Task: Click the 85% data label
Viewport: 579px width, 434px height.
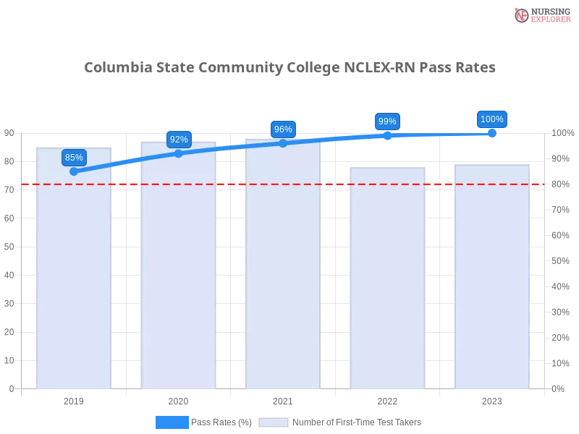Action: [74, 157]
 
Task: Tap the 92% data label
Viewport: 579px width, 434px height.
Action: [179, 140]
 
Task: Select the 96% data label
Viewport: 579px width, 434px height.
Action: [283, 129]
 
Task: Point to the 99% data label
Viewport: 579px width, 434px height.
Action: [387, 122]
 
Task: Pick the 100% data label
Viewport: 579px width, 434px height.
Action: [492, 119]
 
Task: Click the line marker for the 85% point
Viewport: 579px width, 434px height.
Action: [74, 171]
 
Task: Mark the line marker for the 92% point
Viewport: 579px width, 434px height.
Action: [179, 153]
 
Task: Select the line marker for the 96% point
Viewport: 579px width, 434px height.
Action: [283, 143]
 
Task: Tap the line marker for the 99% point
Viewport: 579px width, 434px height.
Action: [387, 135]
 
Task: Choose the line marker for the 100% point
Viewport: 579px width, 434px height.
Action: [492, 133]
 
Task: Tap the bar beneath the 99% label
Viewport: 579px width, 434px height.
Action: [388, 289]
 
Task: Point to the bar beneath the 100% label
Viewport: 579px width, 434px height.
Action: [492, 289]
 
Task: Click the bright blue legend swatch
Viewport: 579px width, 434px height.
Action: [172, 422]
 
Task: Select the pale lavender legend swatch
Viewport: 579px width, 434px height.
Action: [274, 422]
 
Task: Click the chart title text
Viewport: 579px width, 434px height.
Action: [289, 68]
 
